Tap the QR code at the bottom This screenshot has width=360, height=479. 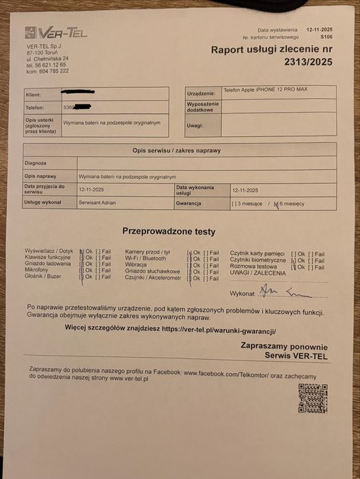click(312, 399)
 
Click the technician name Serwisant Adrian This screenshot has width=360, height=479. click(98, 203)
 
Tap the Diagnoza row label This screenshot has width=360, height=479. click(35, 163)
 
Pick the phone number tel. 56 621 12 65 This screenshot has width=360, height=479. click(47, 64)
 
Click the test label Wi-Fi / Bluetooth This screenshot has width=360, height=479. click(145, 258)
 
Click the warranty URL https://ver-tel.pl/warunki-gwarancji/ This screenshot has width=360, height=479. click(219, 329)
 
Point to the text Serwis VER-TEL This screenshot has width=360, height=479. click(296, 356)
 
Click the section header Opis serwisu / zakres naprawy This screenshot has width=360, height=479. click(176, 149)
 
